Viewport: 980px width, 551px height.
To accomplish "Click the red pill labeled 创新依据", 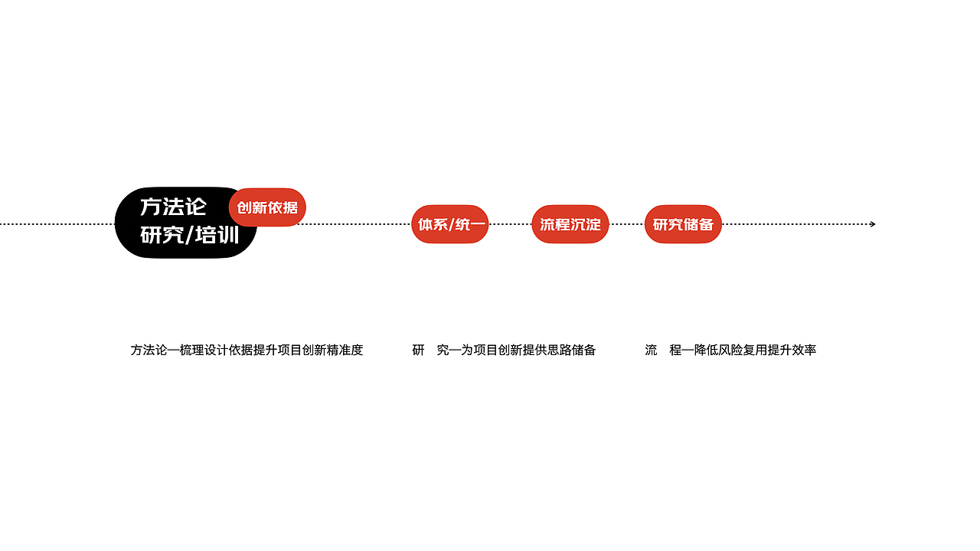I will point(267,207).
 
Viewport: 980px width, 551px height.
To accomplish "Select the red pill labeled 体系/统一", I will point(449,224).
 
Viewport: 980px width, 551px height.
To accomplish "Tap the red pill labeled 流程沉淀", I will point(570,224).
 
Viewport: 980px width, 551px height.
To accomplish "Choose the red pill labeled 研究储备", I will point(683,224).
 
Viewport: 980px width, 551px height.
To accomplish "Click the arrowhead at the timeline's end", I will point(872,224).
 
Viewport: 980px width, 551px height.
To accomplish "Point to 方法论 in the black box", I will point(173,207).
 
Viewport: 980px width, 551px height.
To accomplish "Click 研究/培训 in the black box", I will point(189,235).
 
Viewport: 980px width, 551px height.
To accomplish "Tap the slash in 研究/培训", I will point(188,235).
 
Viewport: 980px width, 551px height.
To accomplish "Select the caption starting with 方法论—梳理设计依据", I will point(247,350).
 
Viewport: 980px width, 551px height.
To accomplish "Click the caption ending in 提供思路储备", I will point(504,350).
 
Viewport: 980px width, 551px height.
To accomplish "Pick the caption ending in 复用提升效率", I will point(730,350).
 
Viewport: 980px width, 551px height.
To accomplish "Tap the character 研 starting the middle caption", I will point(418,350).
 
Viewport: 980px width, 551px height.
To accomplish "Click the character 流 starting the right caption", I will point(651,350).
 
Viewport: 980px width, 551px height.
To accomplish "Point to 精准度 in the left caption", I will point(345,350).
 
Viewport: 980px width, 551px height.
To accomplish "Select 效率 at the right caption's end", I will point(805,350).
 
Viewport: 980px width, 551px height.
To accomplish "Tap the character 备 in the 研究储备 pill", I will point(706,224).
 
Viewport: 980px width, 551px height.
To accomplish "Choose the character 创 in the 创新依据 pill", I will point(244,207).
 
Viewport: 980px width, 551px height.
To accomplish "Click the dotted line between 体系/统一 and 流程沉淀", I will point(510,224).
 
